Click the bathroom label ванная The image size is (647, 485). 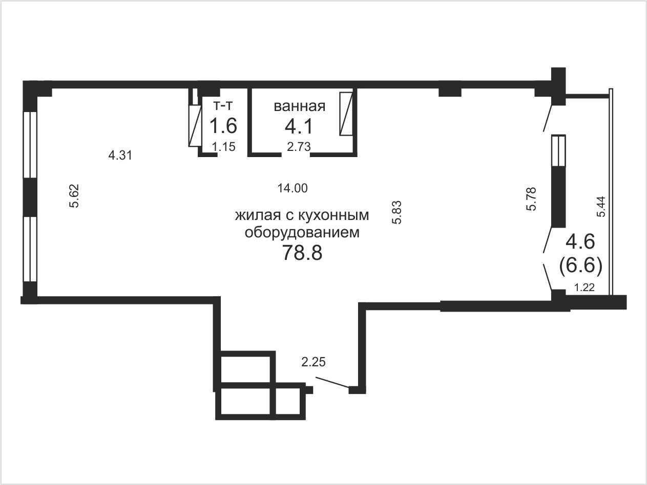pos(300,106)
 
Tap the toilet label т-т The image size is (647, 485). pos(223,105)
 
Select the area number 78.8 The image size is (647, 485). pos(302,253)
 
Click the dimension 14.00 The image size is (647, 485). pos(293,188)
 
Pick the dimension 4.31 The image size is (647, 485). pos(120,155)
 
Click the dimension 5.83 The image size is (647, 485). pos(396,212)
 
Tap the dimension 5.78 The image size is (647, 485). pos(531,199)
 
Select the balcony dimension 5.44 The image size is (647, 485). pos(601,207)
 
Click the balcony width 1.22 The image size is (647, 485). pos(585,287)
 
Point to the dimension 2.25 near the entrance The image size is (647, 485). pos(314,362)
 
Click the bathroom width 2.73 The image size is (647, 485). pos(299,146)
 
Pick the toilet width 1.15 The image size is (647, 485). pos(224,146)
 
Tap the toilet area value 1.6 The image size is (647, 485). pos(223,125)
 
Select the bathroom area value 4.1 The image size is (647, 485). pos(299,126)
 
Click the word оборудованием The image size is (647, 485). pos(302,233)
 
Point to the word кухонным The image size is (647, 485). pos(333,215)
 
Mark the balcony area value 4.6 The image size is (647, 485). pos(580,241)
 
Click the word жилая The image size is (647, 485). pos(258,216)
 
